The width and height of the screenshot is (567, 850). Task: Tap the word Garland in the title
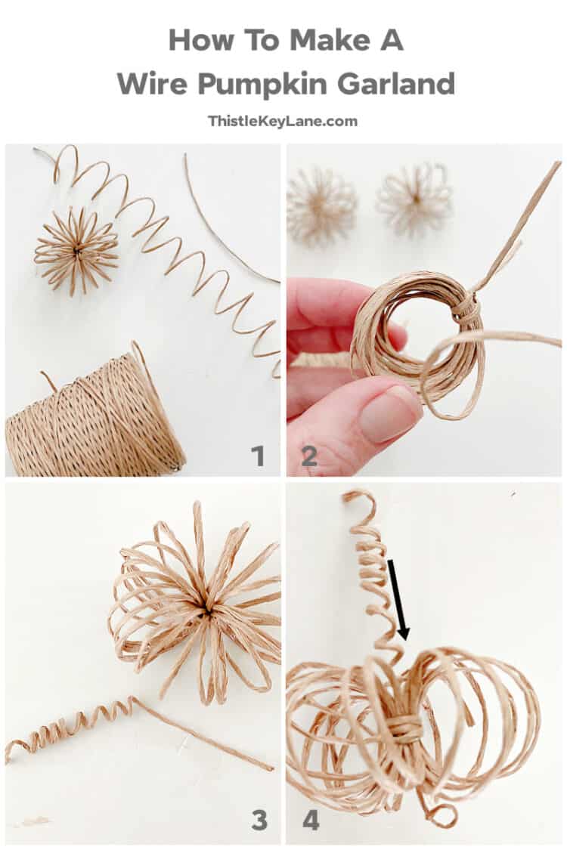click(x=396, y=83)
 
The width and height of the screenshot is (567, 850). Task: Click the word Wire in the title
click(x=153, y=83)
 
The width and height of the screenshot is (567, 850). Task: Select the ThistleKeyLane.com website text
click(x=283, y=121)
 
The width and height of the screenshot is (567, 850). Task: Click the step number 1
click(x=258, y=456)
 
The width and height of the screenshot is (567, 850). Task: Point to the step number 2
click(x=309, y=456)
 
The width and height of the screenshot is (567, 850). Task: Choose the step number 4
click(x=311, y=819)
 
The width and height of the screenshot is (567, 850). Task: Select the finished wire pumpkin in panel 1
click(x=76, y=249)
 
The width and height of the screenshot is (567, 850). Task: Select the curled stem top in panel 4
click(x=361, y=502)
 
